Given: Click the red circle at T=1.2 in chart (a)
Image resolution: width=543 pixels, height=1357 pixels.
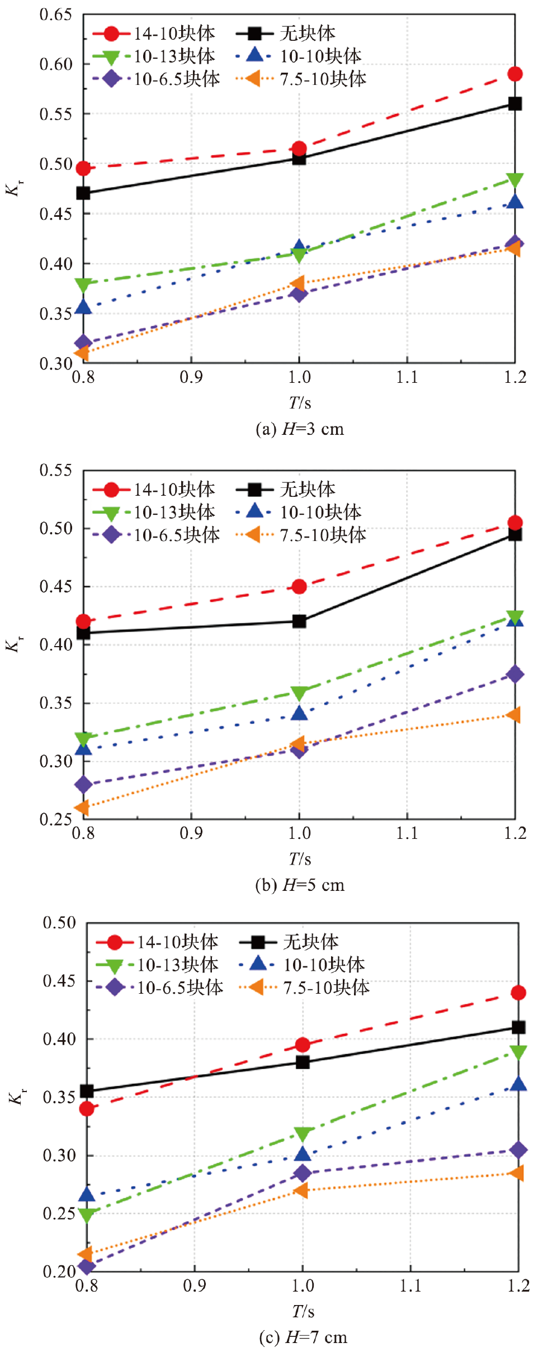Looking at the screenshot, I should [515, 74].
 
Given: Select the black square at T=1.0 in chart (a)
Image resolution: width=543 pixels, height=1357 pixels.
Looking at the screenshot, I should [299, 158].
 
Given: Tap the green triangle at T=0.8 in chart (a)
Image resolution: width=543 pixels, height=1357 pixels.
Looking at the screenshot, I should [83, 285].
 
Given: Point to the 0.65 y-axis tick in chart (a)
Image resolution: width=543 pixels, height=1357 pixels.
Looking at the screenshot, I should [56, 15].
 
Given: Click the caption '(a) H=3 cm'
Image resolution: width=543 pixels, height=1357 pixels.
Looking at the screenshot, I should [300, 429].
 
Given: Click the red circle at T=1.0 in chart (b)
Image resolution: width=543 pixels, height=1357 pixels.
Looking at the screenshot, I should [299, 586].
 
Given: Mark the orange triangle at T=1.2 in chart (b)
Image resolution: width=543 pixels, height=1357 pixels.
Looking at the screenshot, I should [514, 715].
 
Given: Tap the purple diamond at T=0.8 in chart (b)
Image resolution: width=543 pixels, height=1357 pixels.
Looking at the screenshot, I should [83, 785].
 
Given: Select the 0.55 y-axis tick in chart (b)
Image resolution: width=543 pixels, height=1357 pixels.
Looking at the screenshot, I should [56, 471].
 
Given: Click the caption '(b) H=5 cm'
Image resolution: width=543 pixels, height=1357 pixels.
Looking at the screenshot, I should [300, 885].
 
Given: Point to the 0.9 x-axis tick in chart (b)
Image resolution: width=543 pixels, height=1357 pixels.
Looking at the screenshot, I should [191, 833].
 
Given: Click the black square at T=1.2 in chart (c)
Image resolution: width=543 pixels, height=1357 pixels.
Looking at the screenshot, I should [518, 1027].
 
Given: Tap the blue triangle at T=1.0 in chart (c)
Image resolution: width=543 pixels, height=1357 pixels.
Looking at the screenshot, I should [303, 1154].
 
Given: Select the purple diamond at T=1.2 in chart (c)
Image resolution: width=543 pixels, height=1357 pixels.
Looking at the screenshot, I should [518, 1150].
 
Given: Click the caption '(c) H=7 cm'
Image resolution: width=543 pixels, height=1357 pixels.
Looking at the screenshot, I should [303, 1337].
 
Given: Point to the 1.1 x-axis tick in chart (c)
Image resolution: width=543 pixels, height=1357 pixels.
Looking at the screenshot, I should [410, 1286].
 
